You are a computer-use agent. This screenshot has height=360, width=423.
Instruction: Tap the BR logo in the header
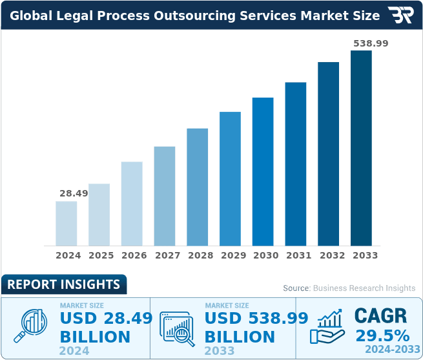(x=400, y=16)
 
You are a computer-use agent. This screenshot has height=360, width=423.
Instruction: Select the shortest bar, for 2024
(x=67, y=223)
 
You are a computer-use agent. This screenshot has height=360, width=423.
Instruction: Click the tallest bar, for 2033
(x=361, y=148)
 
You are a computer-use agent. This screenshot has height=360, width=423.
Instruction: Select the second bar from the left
(x=99, y=215)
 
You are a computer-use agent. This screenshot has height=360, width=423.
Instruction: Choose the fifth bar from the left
(x=198, y=187)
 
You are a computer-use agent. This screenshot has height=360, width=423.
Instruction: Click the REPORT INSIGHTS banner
(x=63, y=284)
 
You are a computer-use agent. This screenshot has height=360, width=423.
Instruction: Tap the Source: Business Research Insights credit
(x=349, y=288)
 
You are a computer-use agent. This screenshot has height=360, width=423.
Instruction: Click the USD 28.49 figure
(x=106, y=318)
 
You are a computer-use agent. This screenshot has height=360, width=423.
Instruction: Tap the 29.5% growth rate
(x=382, y=336)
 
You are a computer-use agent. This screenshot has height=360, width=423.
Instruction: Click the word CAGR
(x=381, y=316)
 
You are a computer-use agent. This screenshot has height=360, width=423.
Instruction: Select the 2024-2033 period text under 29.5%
(x=387, y=350)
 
